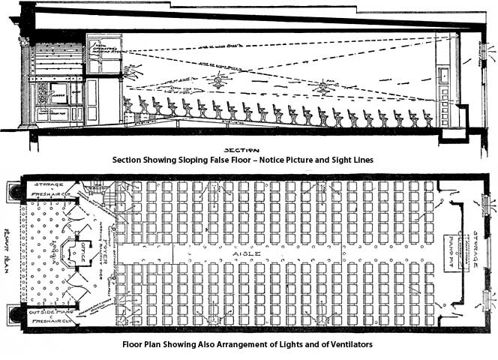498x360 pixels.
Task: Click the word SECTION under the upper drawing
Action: (x=246, y=149)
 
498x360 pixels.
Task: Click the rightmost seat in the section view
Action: (x=428, y=118)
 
